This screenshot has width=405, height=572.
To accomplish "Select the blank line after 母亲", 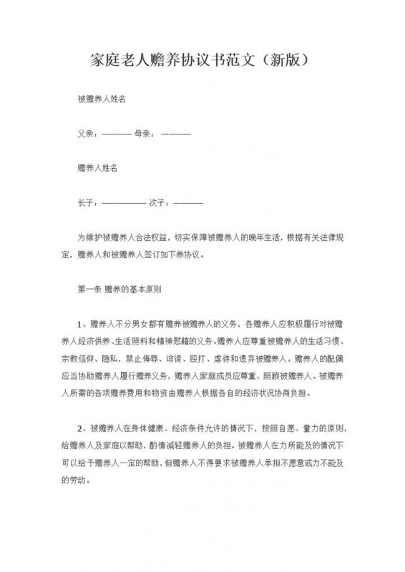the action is click(177, 134).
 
